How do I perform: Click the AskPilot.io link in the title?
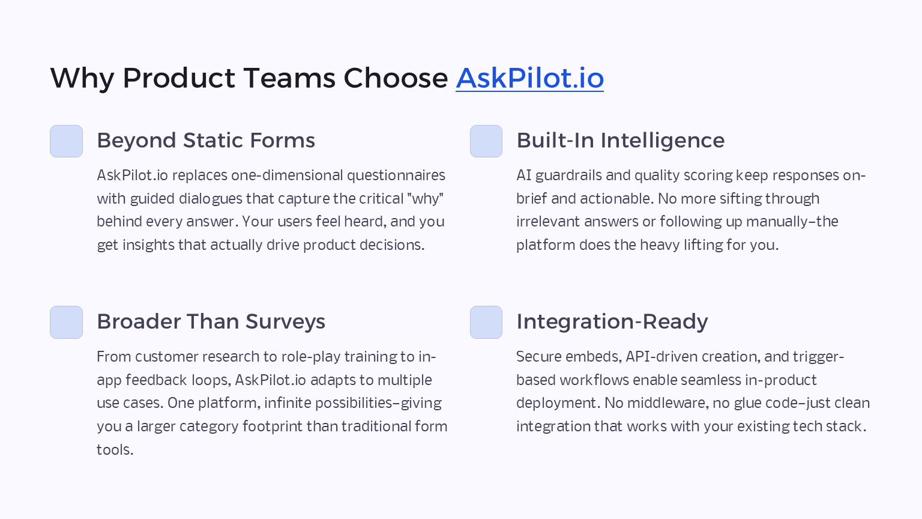point(529,78)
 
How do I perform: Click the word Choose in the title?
point(395,78)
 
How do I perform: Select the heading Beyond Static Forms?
point(206,141)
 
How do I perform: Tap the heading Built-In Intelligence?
point(620,141)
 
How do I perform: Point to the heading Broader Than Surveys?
point(211,322)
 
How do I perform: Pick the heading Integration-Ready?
point(612,322)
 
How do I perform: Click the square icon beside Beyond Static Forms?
point(66,141)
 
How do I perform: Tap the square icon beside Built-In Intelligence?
point(486,141)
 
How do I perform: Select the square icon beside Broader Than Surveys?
point(66,322)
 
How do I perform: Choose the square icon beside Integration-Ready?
point(486,322)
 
